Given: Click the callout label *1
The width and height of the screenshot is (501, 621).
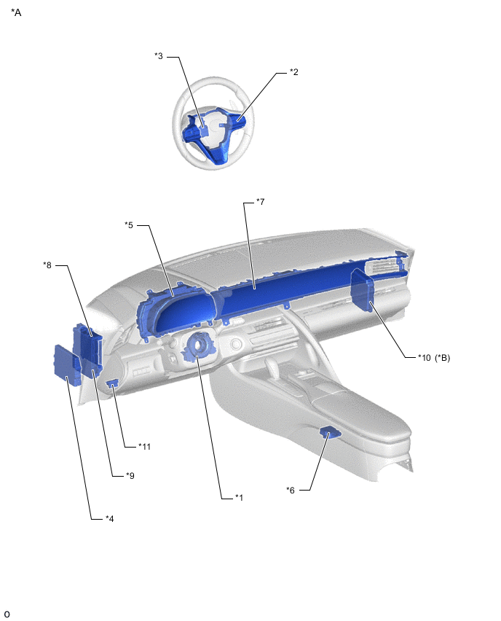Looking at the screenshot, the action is (x=239, y=497).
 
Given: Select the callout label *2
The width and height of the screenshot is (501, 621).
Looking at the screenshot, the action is (x=293, y=72).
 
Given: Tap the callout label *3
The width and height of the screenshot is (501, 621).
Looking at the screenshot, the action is (x=159, y=56).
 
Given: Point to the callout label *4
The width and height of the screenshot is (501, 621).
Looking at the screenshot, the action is (x=110, y=518).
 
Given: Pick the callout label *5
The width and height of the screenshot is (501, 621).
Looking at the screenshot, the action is (x=129, y=225).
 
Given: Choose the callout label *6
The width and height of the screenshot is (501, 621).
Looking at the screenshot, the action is (x=291, y=491).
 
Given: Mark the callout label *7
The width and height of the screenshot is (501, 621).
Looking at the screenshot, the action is (x=261, y=202).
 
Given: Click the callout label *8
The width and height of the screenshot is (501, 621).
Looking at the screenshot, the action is (x=47, y=265).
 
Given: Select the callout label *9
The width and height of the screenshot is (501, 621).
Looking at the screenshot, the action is (x=130, y=476).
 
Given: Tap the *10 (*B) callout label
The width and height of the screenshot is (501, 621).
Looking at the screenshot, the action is (x=434, y=358).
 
